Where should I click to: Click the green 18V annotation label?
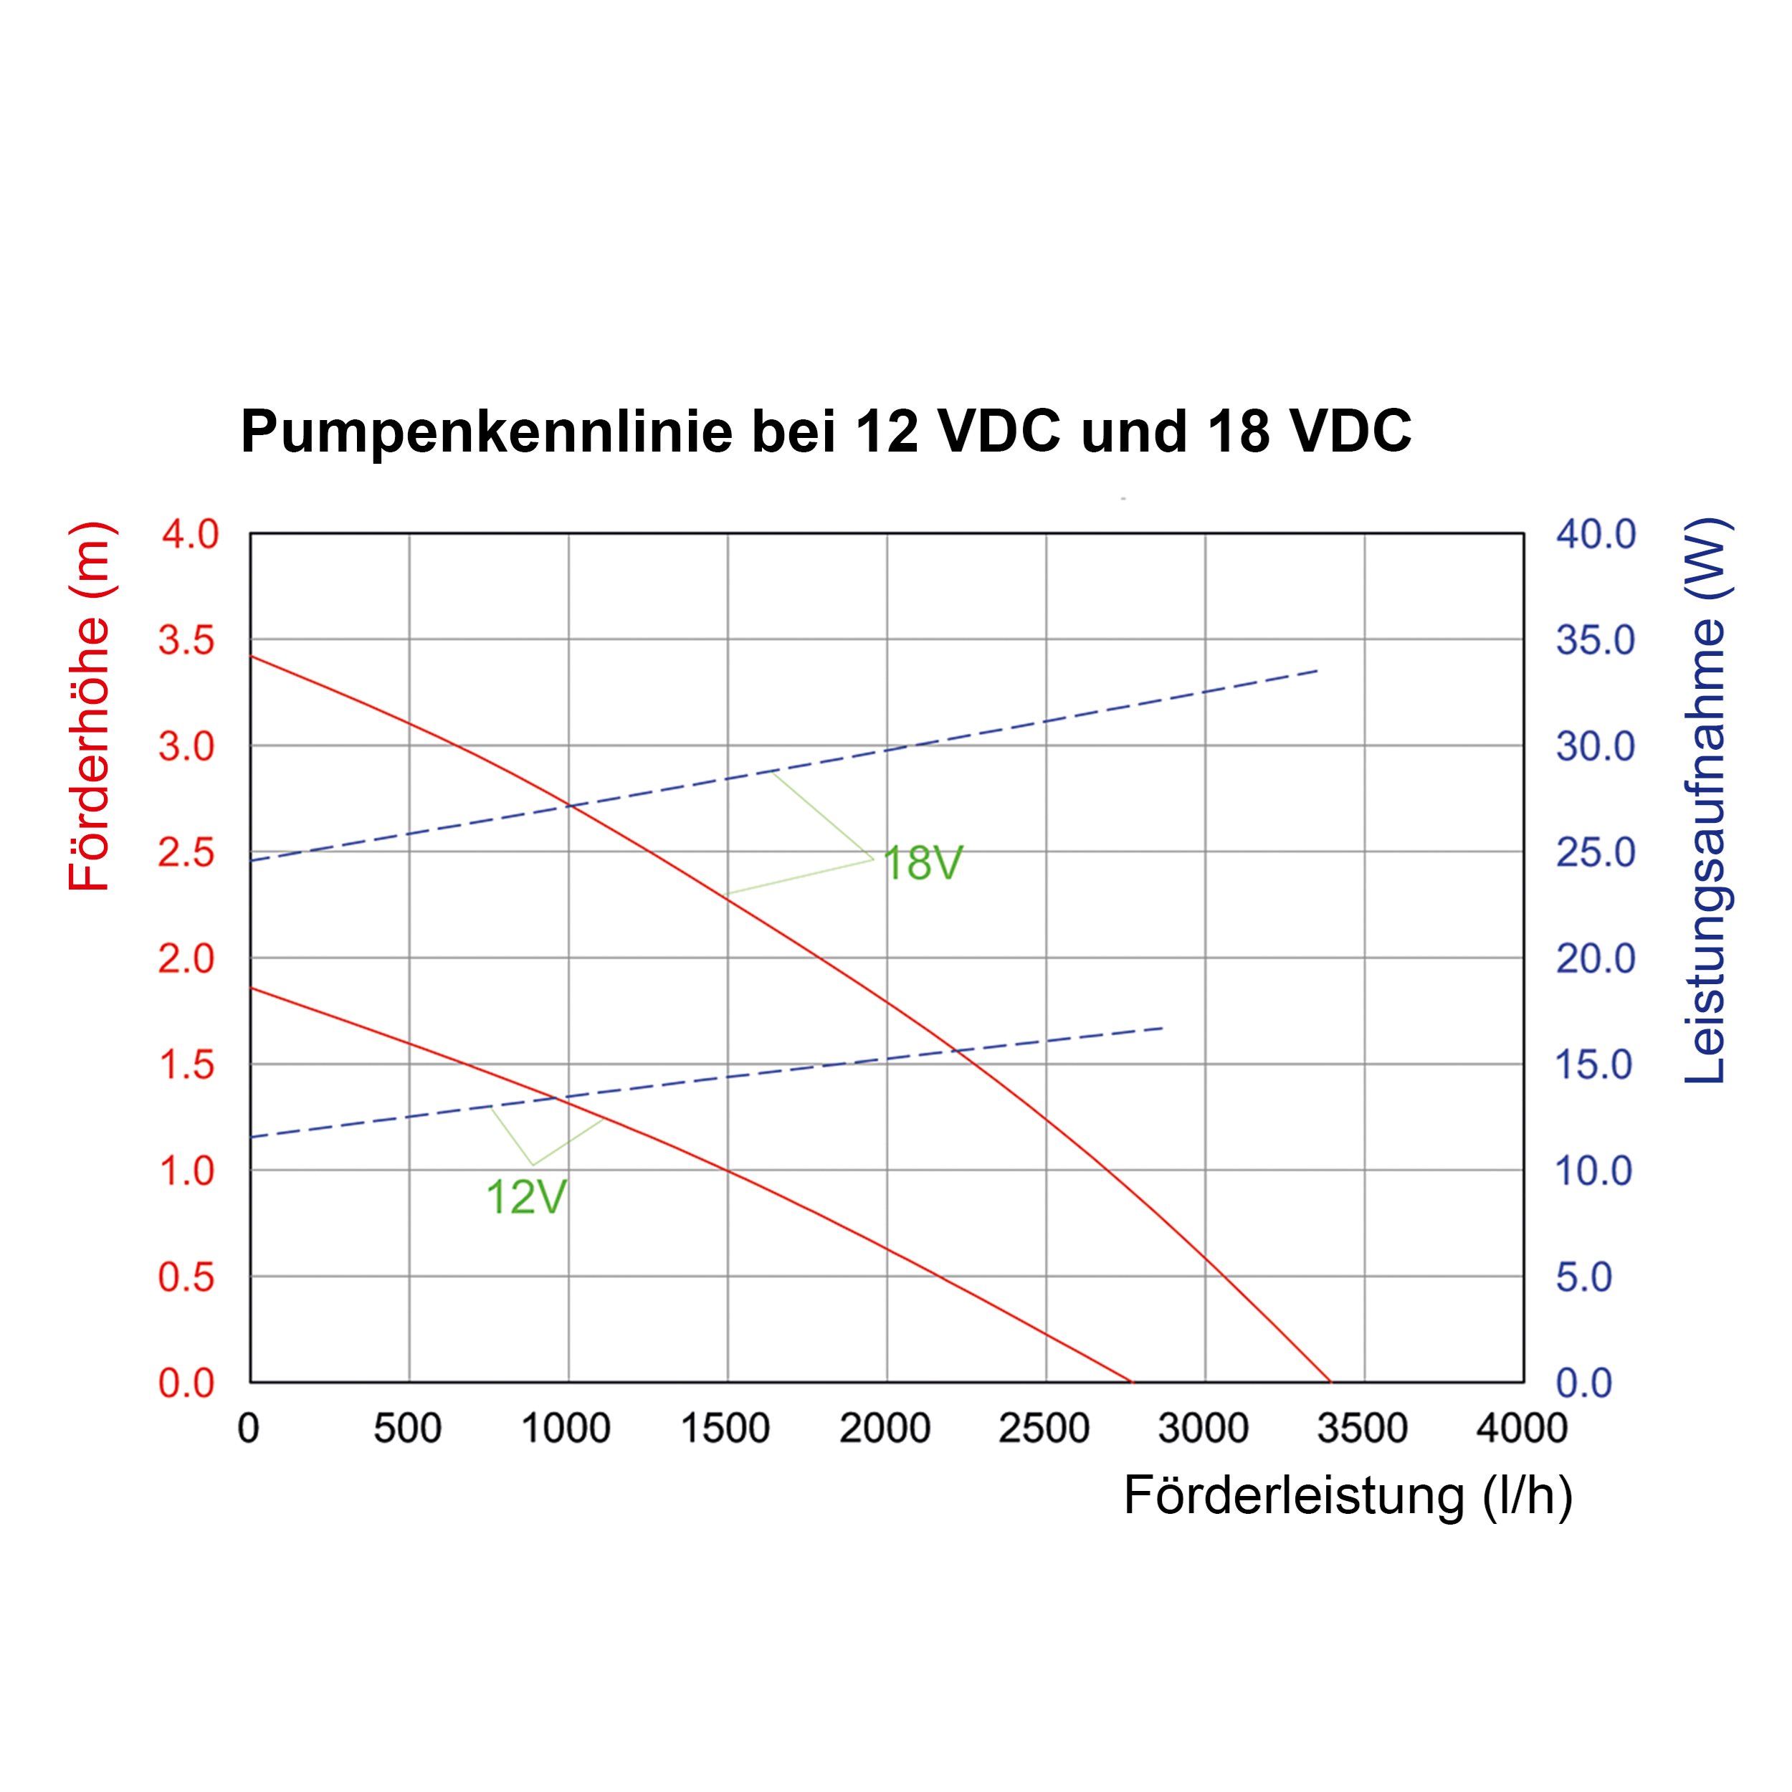(x=923, y=864)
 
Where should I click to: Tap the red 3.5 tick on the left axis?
(x=189, y=640)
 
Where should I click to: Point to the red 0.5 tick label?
(x=189, y=1277)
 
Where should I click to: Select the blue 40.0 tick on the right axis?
(x=1596, y=534)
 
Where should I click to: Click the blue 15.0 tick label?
(x=1593, y=1065)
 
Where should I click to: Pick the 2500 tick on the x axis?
(x=1044, y=1429)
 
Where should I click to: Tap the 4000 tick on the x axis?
(x=1522, y=1429)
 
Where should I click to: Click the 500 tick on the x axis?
(x=407, y=1429)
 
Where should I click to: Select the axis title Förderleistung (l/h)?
(x=1348, y=1495)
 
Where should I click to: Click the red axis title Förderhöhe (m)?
(x=90, y=707)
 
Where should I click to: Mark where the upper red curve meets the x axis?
(x=1331, y=1382)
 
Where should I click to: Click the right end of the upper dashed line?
(x=1318, y=669)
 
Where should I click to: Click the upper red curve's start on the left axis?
(x=250, y=656)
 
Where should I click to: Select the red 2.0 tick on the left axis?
(x=189, y=958)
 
